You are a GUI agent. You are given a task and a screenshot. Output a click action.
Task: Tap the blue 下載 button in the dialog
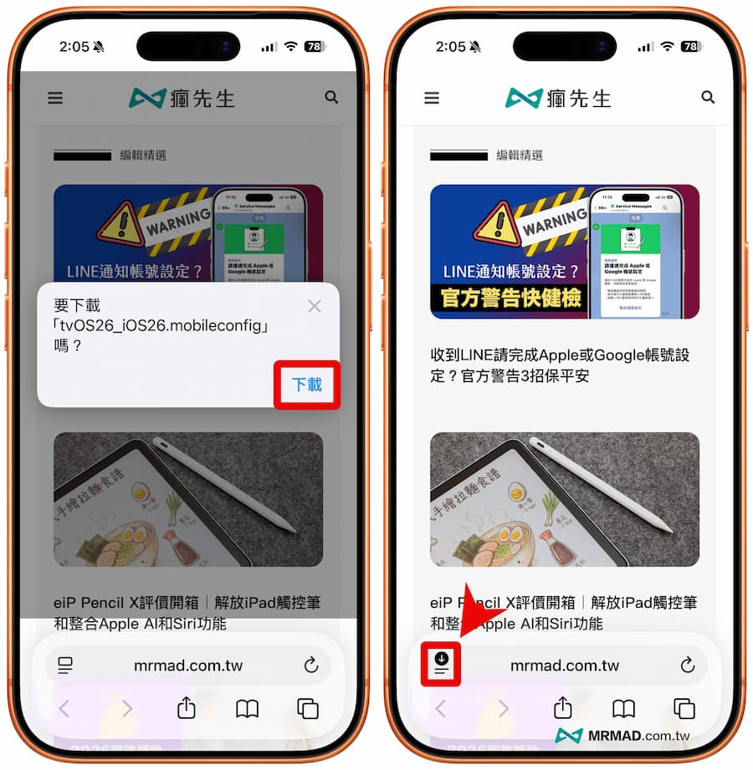tap(307, 385)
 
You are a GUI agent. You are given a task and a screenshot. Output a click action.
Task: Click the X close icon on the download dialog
tap(315, 306)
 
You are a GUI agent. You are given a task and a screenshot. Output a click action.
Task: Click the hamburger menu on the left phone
tap(55, 98)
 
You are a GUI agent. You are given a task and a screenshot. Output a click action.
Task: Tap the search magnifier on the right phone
tap(708, 98)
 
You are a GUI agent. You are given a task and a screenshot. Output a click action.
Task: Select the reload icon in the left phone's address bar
tap(311, 665)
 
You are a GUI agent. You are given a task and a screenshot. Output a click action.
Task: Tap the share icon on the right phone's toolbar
tap(563, 708)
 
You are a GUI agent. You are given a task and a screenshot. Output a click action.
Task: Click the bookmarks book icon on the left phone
tap(247, 709)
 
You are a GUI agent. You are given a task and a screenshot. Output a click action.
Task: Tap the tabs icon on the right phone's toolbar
tap(684, 709)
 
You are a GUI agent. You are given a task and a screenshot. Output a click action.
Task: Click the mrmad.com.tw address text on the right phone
tap(565, 665)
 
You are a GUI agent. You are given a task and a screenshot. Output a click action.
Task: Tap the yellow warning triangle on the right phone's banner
tap(496, 231)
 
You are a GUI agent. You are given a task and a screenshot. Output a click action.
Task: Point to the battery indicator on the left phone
tap(315, 47)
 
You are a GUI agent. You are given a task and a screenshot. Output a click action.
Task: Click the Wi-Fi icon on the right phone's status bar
tap(667, 47)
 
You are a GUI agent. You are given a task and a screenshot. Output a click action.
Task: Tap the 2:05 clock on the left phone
tap(74, 47)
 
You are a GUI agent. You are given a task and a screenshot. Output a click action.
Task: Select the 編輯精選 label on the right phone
tap(520, 156)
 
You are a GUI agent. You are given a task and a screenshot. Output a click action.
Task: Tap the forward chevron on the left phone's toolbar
tap(127, 709)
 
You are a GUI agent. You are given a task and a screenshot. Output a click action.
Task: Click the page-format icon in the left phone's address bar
tap(65, 665)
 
